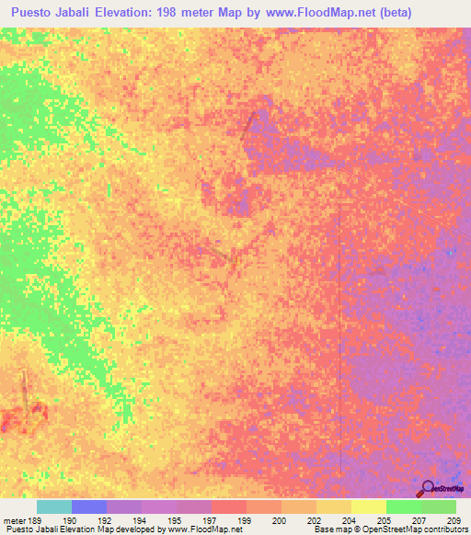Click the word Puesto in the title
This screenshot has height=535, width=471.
[x=39, y=12]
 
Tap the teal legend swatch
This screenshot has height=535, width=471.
[x=54, y=507]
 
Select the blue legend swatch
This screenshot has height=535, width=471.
[x=89, y=507]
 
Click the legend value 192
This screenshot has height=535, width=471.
[x=106, y=520]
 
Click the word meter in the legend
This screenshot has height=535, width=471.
[x=13, y=520]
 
